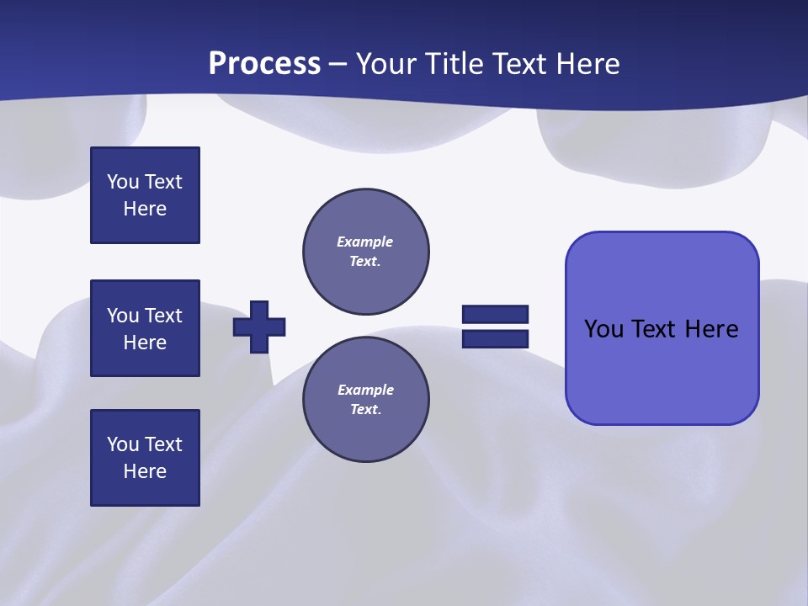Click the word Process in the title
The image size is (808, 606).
(264, 64)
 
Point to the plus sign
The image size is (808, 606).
(259, 327)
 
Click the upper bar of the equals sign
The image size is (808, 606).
(495, 314)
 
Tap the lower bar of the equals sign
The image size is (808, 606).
(495, 338)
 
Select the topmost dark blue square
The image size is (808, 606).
(145, 195)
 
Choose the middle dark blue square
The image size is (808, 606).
(145, 328)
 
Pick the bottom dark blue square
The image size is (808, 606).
(145, 458)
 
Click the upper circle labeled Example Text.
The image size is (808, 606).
(366, 252)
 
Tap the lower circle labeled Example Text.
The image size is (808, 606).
(366, 400)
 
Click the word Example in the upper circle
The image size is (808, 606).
(365, 242)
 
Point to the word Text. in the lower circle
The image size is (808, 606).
(365, 410)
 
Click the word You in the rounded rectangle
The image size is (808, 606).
(603, 329)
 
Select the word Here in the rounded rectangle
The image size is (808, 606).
(711, 329)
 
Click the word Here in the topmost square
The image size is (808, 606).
(145, 209)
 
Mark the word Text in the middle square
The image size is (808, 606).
(163, 316)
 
